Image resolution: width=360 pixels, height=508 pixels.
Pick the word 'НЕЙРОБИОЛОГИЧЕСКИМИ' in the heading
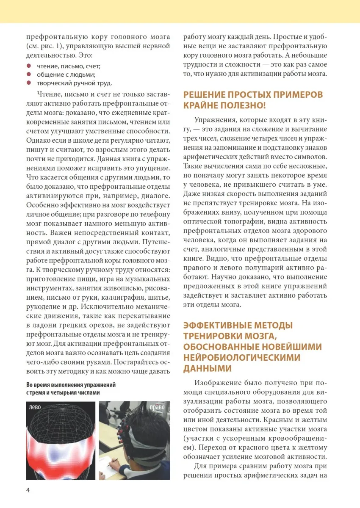(x=241, y=358)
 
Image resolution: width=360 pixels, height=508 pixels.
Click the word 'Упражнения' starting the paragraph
(x=215, y=120)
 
